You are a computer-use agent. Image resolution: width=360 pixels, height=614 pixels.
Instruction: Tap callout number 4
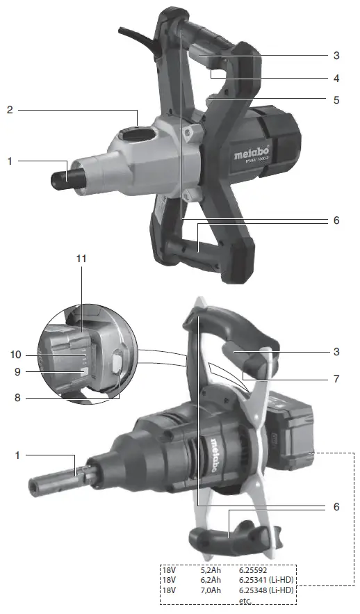pos(336,77)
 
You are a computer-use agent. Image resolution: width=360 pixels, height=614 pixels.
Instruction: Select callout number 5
pos(336,99)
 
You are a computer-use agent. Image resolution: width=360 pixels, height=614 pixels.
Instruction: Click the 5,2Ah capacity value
pos(211,569)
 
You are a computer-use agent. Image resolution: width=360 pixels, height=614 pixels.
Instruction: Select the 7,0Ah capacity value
pos(211,590)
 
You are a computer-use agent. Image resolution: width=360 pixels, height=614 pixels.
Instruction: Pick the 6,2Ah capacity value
pos(211,579)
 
